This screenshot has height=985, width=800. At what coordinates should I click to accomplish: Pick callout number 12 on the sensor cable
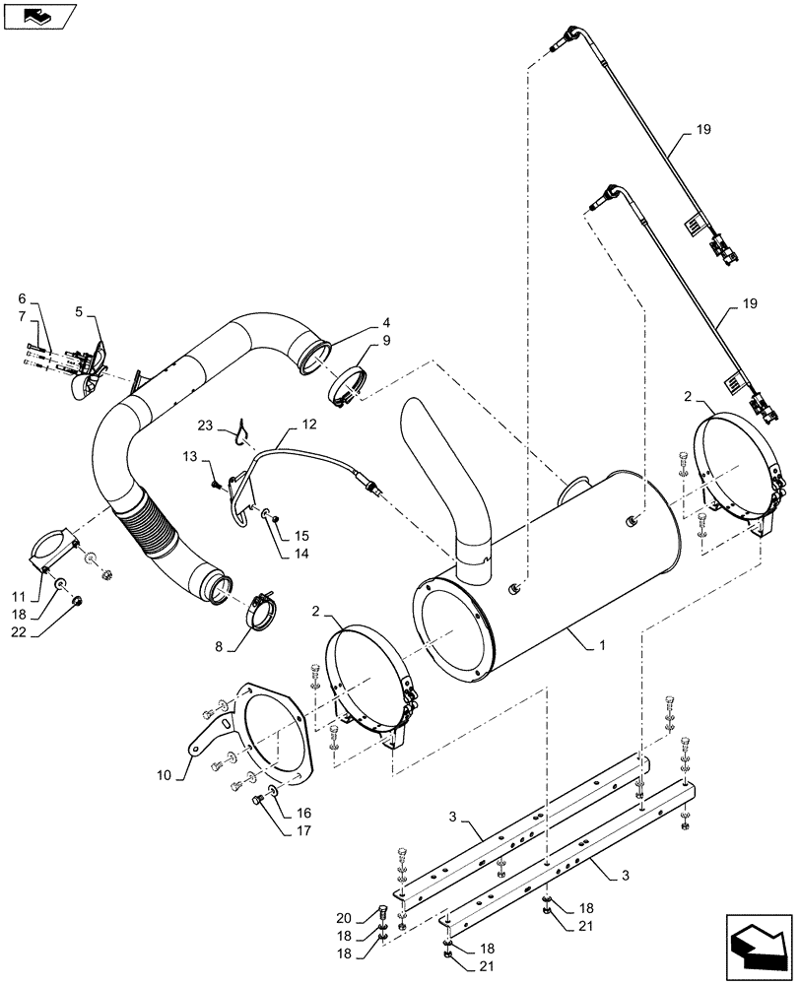coord(309,424)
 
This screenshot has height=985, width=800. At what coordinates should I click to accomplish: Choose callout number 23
coord(204,426)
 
